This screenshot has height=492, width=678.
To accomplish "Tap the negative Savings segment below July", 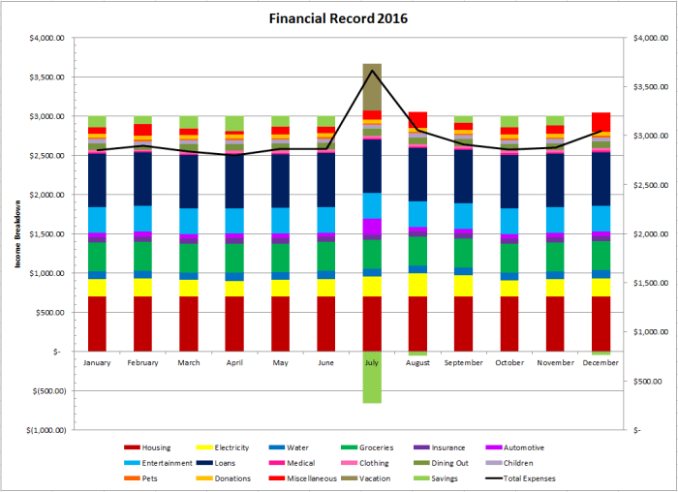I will [372, 377].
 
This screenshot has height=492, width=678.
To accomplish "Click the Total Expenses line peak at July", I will [372, 70].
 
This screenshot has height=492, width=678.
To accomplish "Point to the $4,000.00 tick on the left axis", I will [45, 38].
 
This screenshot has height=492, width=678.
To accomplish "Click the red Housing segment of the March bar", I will [189, 323].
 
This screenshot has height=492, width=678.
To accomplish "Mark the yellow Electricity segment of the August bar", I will [417, 285].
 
